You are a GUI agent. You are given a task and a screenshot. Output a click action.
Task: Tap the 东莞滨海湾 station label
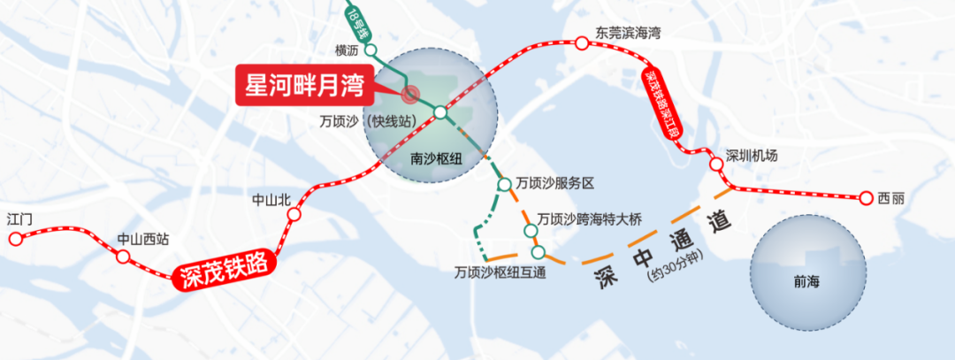pos(629,32)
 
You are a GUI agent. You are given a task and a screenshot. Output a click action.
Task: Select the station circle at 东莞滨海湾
pos(581,42)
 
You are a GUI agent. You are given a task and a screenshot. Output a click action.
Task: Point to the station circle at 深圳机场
pos(716,164)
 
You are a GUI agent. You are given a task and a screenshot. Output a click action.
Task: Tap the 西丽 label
pos(892,198)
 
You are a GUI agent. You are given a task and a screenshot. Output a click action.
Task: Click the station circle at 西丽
pos(867,198)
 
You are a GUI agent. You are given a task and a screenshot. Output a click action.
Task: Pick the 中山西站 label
pos(143,239)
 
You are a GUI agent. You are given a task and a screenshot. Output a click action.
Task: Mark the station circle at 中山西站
pos(123,257)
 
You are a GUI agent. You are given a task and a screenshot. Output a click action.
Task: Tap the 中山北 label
pos(271,200)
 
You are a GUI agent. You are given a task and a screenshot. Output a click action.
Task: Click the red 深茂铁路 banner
pos(225,272)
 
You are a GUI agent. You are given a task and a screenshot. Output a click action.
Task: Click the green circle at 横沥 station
pos(371,50)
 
